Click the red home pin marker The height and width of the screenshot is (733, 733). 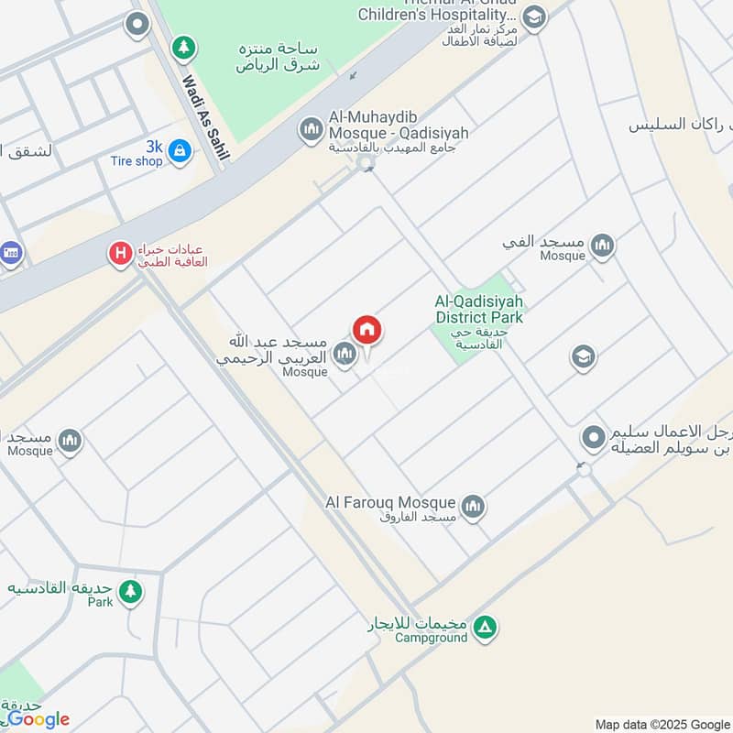(x=367, y=329)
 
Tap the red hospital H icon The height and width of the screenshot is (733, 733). (x=120, y=253)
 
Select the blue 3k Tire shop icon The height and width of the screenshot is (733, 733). (x=181, y=149)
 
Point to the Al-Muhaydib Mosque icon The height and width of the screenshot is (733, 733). (x=312, y=130)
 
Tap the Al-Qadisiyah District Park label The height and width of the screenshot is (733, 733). (x=478, y=310)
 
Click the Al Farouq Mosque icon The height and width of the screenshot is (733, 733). (x=473, y=505)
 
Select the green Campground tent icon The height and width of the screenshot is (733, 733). (x=487, y=628)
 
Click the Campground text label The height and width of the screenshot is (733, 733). (x=431, y=638)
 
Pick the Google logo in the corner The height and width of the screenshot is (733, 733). (x=38, y=719)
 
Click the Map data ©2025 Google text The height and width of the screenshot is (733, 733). (x=661, y=723)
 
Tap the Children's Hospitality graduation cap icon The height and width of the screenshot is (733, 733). (x=534, y=16)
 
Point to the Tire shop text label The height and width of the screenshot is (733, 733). (x=137, y=161)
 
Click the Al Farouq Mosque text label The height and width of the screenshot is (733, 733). (x=390, y=502)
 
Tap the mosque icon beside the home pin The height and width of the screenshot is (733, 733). (x=345, y=353)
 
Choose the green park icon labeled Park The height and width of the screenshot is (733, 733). (x=131, y=591)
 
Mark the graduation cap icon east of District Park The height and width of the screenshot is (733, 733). (x=583, y=357)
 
